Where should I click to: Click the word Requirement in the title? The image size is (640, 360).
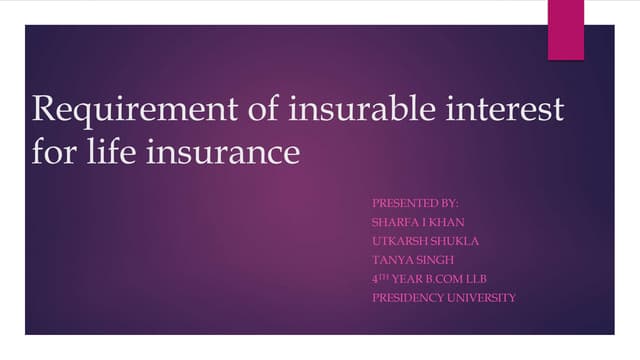[x=121, y=111]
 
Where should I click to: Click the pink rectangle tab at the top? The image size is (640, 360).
[x=565, y=29]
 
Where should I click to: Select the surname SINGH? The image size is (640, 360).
[x=437, y=260]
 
